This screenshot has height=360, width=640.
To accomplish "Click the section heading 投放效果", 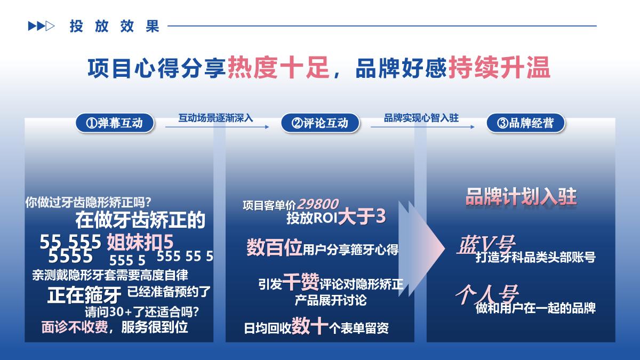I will (x=114, y=26).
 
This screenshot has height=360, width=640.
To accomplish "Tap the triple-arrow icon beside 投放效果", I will (x=41, y=26).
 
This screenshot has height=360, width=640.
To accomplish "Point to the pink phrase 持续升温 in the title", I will (x=499, y=69).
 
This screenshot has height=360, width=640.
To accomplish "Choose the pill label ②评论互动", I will (x=320, y=123).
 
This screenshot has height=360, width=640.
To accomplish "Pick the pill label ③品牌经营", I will (x=526, y=123).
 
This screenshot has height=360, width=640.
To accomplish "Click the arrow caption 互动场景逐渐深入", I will (x=215, y=117).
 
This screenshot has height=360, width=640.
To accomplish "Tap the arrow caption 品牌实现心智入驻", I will (x=421, y=117).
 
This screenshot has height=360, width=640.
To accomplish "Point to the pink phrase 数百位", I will (x=274, y=248).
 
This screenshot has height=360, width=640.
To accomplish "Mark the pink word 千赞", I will (x=301, y=281).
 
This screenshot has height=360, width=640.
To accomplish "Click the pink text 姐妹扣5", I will (x=140, y=242).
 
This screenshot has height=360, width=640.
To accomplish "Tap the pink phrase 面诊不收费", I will (x=75, y=326).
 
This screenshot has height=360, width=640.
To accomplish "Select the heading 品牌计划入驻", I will (x=521, y=196).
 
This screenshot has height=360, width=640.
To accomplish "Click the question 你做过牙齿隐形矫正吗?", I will (x=89, y=203).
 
